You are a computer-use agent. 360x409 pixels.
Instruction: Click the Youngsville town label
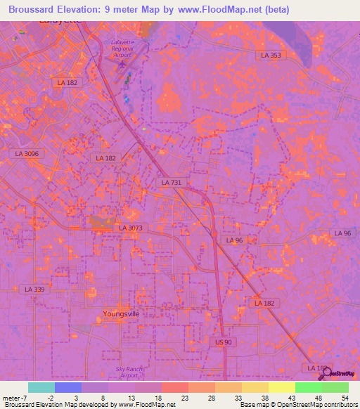pos(120,313)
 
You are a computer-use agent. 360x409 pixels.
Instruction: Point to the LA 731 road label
pos(171,183)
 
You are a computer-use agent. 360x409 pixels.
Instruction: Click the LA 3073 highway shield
pos(130,228)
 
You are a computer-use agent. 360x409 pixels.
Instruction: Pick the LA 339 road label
pos(34,289)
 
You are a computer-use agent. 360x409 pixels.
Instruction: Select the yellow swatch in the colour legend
pos(282,387)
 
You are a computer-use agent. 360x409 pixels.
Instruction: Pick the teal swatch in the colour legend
pos(41,387)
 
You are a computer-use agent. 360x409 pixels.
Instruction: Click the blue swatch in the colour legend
pos(67,387)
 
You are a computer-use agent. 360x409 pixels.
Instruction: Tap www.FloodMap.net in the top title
pos(213,10)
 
